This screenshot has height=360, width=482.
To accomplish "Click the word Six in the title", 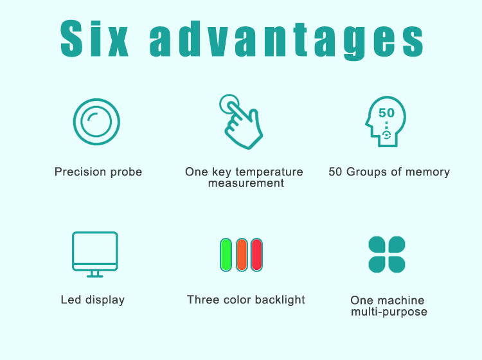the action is (x=94, y=39).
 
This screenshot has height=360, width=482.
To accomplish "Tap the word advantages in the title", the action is (x=287, y=40).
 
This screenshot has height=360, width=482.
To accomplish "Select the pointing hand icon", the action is (x=241, y=122).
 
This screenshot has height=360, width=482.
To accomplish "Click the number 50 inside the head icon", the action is (x=386, y=113).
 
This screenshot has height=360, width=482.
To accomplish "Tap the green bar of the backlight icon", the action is (x=226, y=255).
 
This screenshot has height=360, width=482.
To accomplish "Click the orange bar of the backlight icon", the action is (x=242, y=255).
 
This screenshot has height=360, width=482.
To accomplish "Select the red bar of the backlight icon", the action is (x=256, y=255).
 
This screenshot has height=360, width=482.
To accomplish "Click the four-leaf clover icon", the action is (x=387, y=255).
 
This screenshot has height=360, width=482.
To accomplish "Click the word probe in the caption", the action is (x=127, y=172).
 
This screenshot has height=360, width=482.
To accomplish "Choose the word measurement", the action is (x=246, y=183).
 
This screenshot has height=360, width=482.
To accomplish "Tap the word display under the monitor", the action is (x=105, y=300).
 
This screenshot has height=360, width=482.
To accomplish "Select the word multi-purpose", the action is (x=389, y=312).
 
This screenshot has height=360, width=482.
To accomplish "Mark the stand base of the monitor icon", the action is (x=95, y=276).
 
